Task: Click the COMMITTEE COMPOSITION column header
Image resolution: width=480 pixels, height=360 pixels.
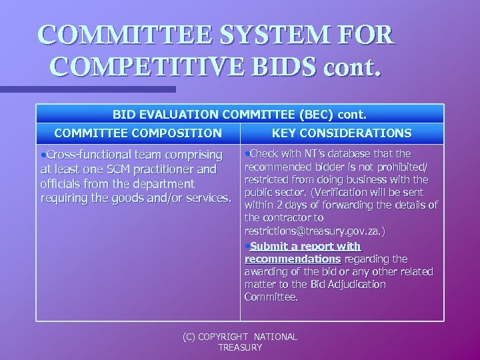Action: click(x=138, y=133)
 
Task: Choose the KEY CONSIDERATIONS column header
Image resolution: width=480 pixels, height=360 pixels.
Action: click(x=341, y=133)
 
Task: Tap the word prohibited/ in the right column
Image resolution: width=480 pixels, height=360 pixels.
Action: click(x=406, y=167)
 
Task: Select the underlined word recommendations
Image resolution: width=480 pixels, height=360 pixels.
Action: click(x=293, y=259)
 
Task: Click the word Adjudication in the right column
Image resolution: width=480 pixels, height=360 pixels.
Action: click(x=355, y=284)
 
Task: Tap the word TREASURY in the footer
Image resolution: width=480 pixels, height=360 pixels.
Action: click(x=240, y=347)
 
